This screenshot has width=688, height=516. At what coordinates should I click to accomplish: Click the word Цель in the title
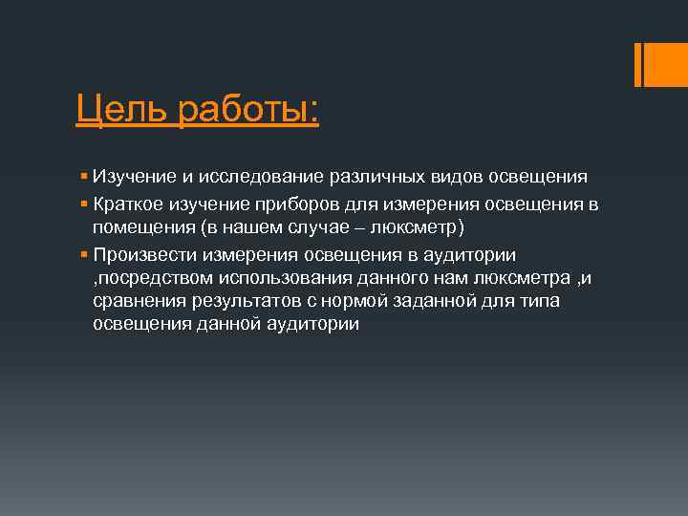123,108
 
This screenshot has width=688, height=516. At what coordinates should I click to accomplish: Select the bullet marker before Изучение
84,176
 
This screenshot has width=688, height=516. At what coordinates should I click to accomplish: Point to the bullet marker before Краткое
84,203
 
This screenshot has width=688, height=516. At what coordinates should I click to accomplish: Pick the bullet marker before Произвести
84,254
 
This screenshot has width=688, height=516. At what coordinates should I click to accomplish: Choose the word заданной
442,302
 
